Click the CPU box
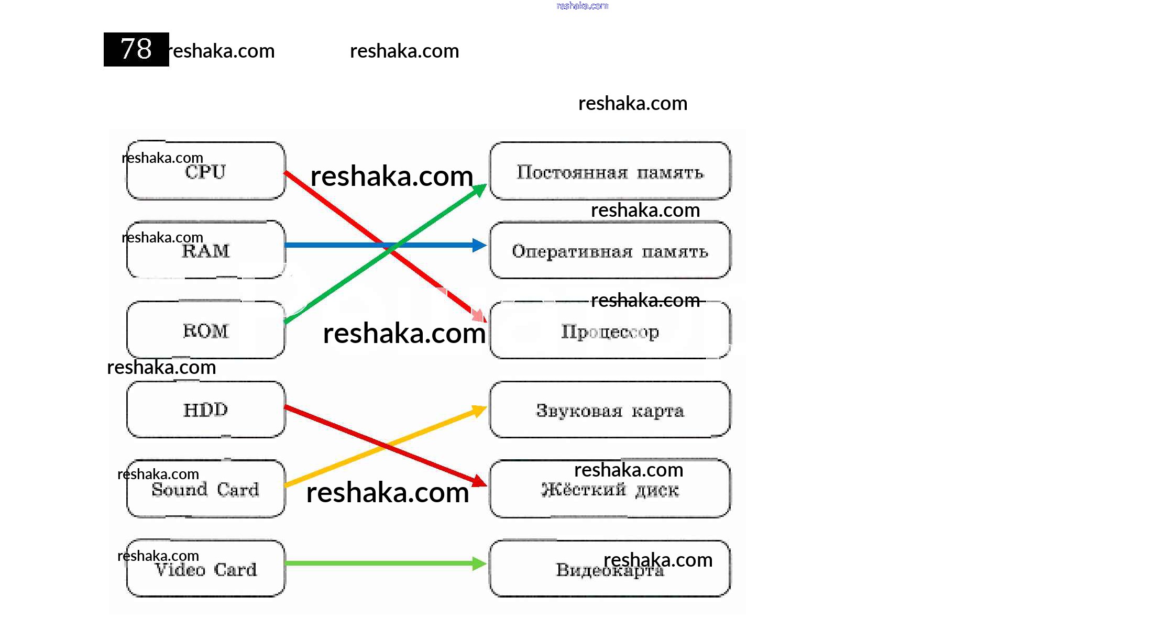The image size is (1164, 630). tap(206, 171)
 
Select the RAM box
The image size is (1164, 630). tap(206, 250)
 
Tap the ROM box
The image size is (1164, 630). tap(206, 330)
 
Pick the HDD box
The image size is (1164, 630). tap(206, 410)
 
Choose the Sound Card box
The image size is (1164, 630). tap(206, 489)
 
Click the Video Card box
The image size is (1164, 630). tap(206, 569)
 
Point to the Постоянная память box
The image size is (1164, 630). tap(610, 171)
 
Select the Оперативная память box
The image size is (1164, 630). tap(610, 250)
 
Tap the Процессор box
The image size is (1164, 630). tap(610, 330)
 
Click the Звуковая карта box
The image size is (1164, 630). tap(610, 410)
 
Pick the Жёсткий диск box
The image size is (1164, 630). tap(610, 489)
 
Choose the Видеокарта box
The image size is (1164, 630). tap(610, 569)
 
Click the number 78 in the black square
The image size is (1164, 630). tap(136, 49)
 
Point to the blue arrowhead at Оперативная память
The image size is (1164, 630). tap(479, 245)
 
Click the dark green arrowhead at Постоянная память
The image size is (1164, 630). tap(479, 190)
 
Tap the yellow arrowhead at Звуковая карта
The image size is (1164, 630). tap(479, 410)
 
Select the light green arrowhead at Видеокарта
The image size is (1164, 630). tap(479, 563)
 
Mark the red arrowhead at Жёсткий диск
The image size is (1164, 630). tap(479, 481)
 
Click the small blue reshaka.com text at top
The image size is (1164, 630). tap(582, 6)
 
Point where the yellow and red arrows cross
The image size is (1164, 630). tap(386, 446)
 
